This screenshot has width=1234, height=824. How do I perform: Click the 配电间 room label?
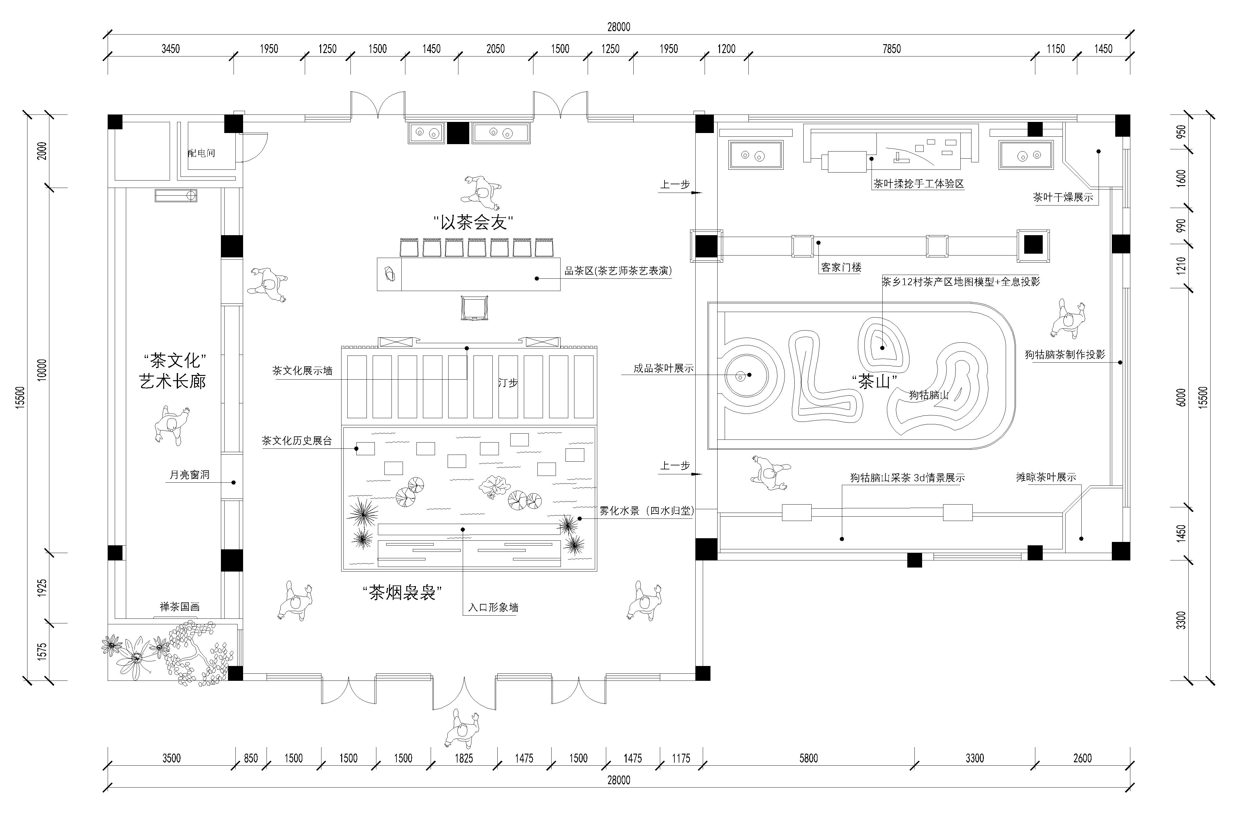click(x=202, y=153)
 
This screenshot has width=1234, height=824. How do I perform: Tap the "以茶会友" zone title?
click(x=473, y=222)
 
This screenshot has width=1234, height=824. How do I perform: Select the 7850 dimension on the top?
click(x=892, y=49)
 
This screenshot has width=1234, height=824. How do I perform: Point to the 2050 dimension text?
click(x=495, y=49)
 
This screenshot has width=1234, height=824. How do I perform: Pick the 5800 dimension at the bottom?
click(x=809, y=758)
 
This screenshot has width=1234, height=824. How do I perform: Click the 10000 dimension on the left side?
click(x=42, y=370)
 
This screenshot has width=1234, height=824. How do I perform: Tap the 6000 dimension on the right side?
click(x=1181, y=397)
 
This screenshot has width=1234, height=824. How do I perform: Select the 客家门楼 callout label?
click(x=841, y=268)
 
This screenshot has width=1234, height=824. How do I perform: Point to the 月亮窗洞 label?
click(x=189, y=475)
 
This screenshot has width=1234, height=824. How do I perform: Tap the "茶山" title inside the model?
click(x=874, y=381)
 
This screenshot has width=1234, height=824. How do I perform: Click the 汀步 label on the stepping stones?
click(x=508, y=383)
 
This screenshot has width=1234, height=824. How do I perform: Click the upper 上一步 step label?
click(x=675, y=185)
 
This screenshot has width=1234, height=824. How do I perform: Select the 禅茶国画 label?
click(x=180, y=607)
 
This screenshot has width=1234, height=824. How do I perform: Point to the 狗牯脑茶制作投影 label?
click(x=1065, y=355)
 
